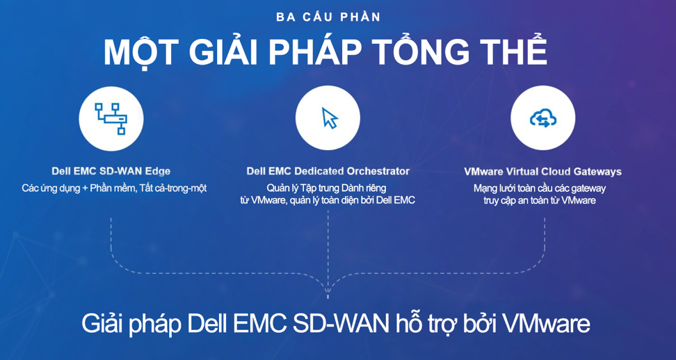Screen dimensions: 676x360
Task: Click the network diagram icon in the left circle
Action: [x=111, y=118]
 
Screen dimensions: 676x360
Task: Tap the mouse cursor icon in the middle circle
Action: [x=330, y=118]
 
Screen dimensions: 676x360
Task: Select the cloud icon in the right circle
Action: [x=542, y=118]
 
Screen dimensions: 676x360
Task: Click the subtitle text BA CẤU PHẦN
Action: [x=328, y=17]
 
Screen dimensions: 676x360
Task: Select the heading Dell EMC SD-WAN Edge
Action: [x=111, y=171]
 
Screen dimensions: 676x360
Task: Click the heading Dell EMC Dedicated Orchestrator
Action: [x=328, y=171]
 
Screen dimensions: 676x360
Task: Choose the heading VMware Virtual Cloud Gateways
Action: [x=542, y=172]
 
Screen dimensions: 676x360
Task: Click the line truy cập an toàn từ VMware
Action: [x=540, y=200]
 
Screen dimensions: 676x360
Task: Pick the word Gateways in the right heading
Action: [x=599, y=172]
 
